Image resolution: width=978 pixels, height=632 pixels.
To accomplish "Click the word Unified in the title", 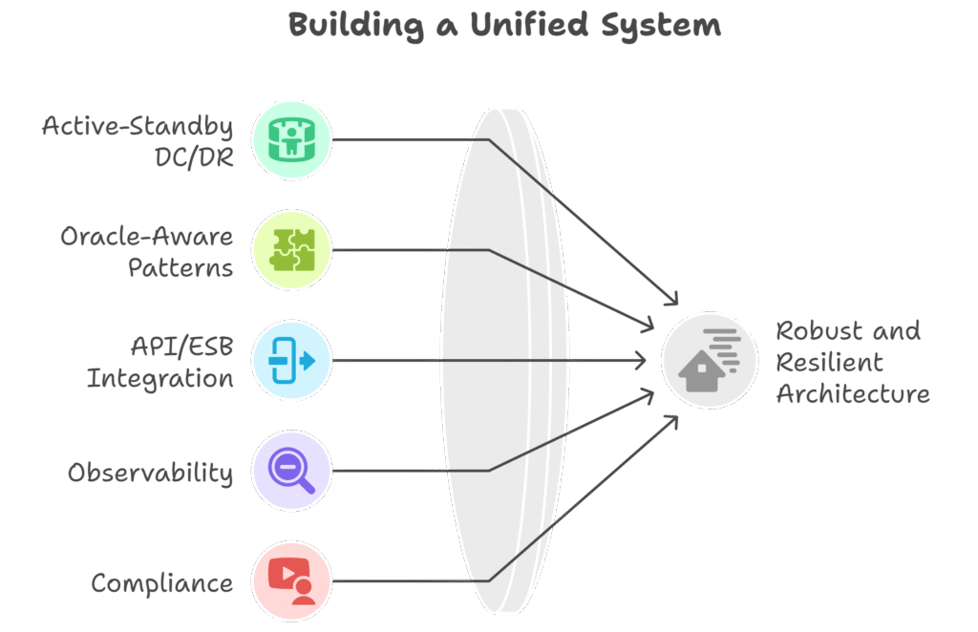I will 520,26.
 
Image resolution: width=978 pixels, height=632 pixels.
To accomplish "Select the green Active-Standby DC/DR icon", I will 291,139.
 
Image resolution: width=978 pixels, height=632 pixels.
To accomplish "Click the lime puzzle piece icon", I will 291,250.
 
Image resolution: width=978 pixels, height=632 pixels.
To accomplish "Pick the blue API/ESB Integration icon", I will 291,361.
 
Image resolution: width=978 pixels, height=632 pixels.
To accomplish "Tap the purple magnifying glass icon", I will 291,471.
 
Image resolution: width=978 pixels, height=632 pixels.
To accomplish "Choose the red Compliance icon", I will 291,581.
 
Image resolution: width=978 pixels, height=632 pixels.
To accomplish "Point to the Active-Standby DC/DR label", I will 138,140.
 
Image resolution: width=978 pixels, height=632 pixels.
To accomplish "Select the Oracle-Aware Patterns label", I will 147,251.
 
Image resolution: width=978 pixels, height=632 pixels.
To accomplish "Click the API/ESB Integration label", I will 160,362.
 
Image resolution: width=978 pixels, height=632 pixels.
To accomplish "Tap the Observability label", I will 150,473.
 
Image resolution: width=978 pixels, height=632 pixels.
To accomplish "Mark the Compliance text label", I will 161,582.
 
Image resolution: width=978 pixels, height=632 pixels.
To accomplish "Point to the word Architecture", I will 853,393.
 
